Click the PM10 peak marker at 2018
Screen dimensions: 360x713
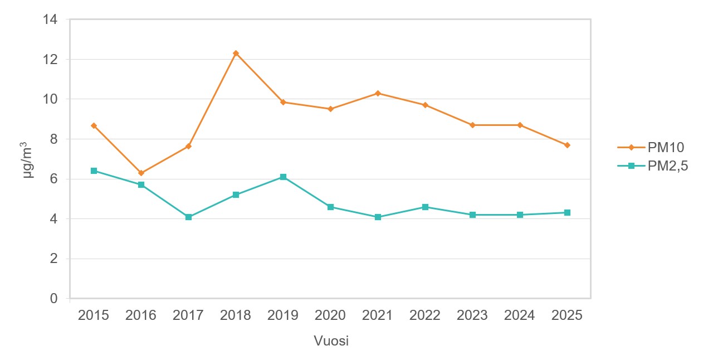click(x=236, y=53)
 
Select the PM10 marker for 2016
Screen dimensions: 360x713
click(x=141, y=173)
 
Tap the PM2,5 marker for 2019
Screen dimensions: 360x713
click(x=283, y=177)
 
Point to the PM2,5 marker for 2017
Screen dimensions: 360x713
click(x=188, y=217)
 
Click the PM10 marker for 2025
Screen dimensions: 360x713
click(x=567, y=145)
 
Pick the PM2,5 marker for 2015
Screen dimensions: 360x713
click(x=94, y=171)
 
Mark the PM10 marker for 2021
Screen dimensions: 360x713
click(x=378, y=93)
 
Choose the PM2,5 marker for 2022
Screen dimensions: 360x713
click(x=425, y=207)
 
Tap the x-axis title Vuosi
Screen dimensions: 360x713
click(x=331, y=341)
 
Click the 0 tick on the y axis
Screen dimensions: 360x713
click(x=54, y=299)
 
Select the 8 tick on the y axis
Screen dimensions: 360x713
click(x=54, y=139)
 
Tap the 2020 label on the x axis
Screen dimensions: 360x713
click(x=330, y=315)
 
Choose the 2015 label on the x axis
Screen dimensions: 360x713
click(x=94, y=315)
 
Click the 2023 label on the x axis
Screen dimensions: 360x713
click(x=472, y=315)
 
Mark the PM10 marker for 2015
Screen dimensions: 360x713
click(x=94, y=126)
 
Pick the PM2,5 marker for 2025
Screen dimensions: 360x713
click(x=567, y=212)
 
